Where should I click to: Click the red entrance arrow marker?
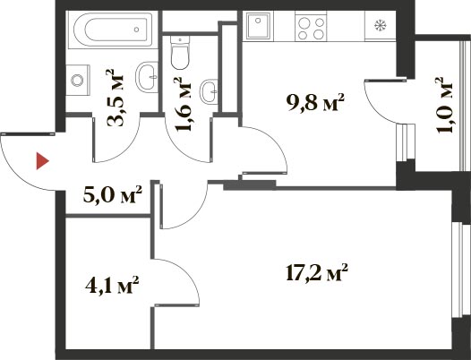click(42, 161)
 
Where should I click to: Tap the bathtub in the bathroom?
click(113, 30)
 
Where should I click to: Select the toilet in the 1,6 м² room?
click(180, 52)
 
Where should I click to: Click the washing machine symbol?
click(78, 80)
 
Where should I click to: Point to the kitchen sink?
click(258, 26)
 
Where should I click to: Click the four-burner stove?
click(311, 26)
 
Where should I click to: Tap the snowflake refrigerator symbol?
click(381, 25)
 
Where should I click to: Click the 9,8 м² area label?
click(315, 102)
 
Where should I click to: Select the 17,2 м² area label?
click(317, 272)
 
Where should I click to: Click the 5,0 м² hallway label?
click(112, 194)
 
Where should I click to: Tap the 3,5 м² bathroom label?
click(115, 98)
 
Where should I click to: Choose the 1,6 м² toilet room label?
click(183, 105)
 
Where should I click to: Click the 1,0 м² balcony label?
click(443, 105)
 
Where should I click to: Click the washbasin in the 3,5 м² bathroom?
click(147, 77)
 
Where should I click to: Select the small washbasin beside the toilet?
click(209, 91)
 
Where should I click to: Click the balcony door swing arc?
click(374, 107)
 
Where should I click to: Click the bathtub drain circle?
click(137, 30)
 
